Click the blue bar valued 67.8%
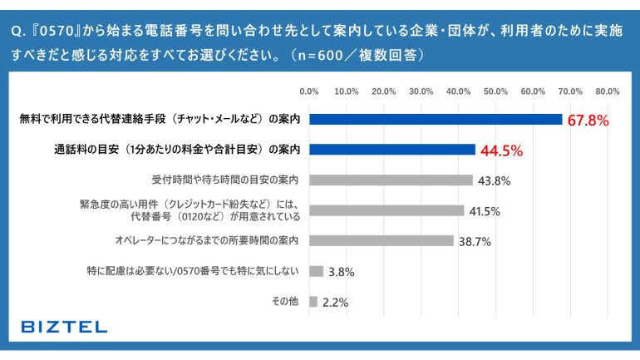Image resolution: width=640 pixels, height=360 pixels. tap(436, 119)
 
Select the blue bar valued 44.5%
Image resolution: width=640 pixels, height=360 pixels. tap(391, 150)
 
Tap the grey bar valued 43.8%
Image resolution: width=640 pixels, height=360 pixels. tap(391, 180)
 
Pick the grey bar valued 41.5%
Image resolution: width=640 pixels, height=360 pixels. tap(386, 210)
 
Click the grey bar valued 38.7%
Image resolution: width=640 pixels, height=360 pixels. tap(381, 240)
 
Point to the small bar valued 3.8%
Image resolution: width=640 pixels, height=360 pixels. tap(316, 271)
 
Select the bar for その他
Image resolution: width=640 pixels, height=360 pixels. tap(313, 301)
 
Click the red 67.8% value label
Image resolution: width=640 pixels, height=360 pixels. tap(588, 120)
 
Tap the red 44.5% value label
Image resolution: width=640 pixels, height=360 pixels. tap(501, 150)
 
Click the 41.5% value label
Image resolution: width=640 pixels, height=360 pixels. tap(484, 211)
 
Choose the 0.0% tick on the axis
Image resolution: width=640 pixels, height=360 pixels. tap(309, 91)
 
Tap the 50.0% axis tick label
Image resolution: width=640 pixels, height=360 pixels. tap(496, 91)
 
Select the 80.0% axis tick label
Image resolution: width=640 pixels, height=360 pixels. tap(608, 91)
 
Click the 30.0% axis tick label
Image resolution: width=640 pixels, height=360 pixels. tap(421, 91)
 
